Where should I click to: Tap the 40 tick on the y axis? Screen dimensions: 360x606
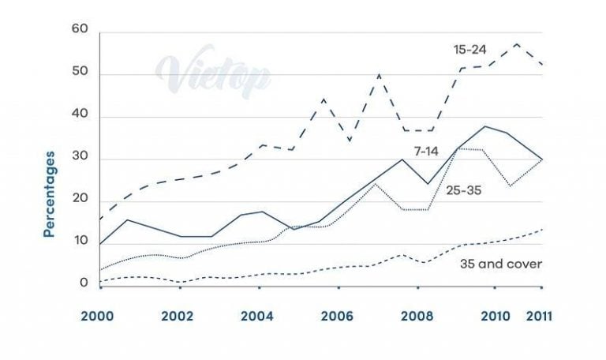point(80,116)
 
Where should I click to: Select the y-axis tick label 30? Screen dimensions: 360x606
point(80,159)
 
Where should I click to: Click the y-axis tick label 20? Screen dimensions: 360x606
point(80,201)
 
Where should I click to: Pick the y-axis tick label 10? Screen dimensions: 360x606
point(80,242)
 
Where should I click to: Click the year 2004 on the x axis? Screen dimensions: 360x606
point(256,317)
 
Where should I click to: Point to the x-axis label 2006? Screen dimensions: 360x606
point(337,317)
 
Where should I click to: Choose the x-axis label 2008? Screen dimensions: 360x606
point(417,317)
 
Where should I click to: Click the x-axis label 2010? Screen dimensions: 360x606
point(497,317)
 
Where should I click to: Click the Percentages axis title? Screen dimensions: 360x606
point(50,193)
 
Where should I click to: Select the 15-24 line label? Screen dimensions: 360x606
point(470,49)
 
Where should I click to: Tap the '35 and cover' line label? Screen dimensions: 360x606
point(500,264)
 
